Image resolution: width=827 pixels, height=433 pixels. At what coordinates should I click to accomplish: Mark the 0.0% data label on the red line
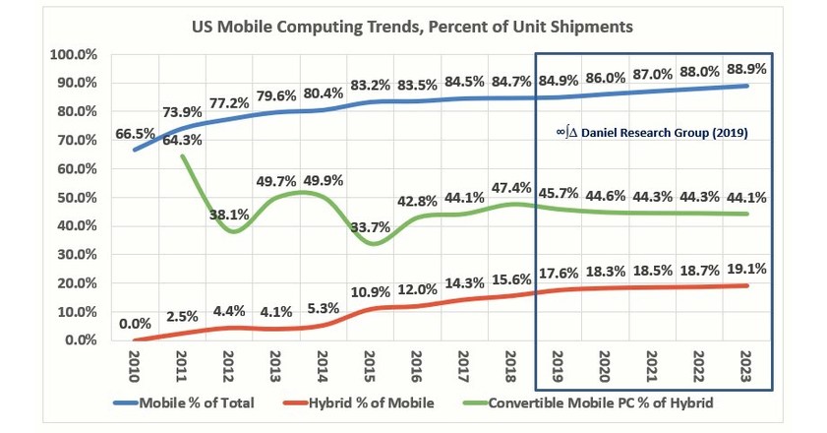136,322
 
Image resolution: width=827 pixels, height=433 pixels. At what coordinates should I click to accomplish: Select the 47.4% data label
511,187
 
